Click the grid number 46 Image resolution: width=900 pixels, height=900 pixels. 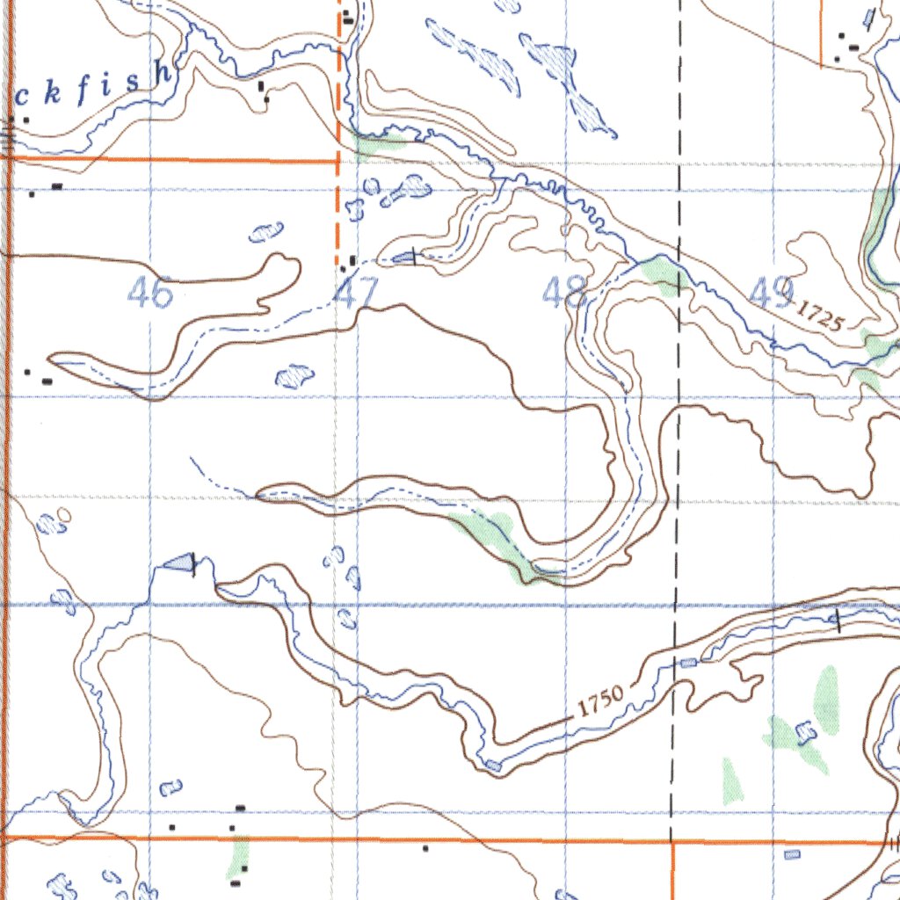[x=149, y=292]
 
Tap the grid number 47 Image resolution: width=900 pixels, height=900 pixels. [x=356, y=293]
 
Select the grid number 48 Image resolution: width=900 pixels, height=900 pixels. [x=564, y=291]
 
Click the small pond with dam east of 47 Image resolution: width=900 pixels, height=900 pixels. [x=405, y=257]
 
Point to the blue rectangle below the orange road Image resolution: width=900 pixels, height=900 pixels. [x=793, y=854]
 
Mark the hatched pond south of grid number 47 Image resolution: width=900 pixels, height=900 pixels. [x=295, y=377]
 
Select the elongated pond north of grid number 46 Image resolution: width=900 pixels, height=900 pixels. [x=265, y=233]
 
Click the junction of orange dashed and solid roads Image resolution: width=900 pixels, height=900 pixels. [x=338, y=161]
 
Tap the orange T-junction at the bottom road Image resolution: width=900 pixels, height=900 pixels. [x=671, y=841]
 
